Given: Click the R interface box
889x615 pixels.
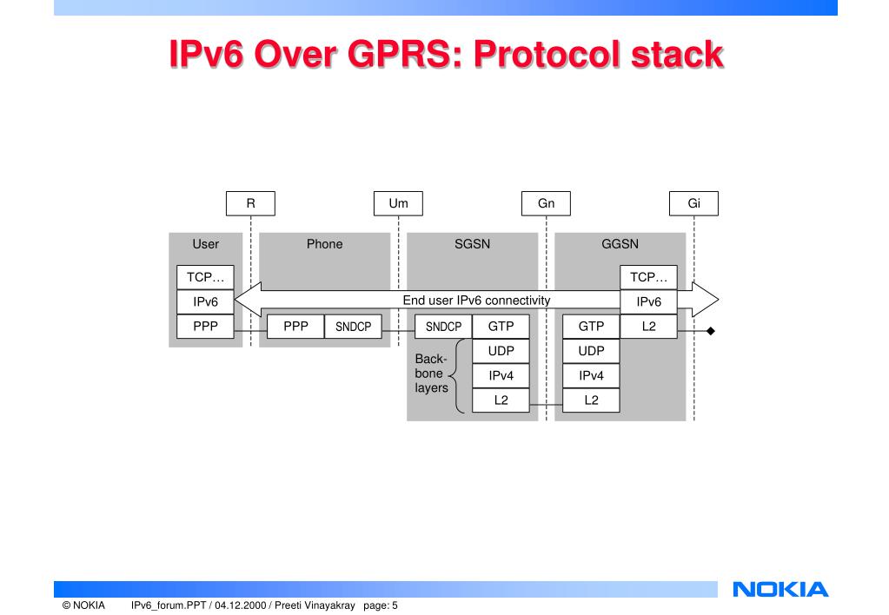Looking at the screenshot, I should pyautogui.click(x=250, y=203).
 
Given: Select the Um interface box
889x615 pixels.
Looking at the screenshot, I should pyautogui.click(x=398, y=203).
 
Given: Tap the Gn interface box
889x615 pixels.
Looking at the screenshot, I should pyautogui.click(x=546, y=203).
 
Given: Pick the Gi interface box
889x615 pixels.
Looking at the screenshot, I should pyautogui.click(x=693, y=203).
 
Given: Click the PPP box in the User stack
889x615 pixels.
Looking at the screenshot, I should pyautogui.click(x=205, y=327).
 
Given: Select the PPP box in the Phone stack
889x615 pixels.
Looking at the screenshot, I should pyautogui.click(x=295, y=327).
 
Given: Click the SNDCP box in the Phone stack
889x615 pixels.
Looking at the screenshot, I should pyautogui.click(x=353, y=327).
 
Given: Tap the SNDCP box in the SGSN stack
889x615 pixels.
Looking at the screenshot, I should pyautogui.click(x=443, y=327).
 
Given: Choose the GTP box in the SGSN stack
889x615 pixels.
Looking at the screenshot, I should pyautogui.click(x=501, y=327).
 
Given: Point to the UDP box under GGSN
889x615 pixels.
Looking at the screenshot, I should pyautogui.click(x=591, y=351).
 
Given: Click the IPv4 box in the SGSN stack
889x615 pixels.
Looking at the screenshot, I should pyautogui.click(x=501, y=375).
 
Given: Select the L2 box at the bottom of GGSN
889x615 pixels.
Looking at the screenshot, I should pyautogui.click(x=591, y=400).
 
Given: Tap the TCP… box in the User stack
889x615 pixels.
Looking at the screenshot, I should pyautogui.click(x=205, y=277).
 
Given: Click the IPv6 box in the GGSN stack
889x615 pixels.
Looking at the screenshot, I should pyautogui.click(x=648, y=301).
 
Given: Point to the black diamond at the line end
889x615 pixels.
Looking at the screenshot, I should pyautogui.click(x=710, y=331).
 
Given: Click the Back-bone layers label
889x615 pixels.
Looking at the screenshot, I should pyautogui.click(x=431, y=373).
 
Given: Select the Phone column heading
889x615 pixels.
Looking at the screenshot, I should pyautogui.click(x=324, y=244).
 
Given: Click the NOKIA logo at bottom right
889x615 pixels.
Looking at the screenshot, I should pyautogui.click(x=780, y=591).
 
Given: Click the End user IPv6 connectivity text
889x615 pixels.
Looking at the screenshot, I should pyautogui.click(x=476, y=301).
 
